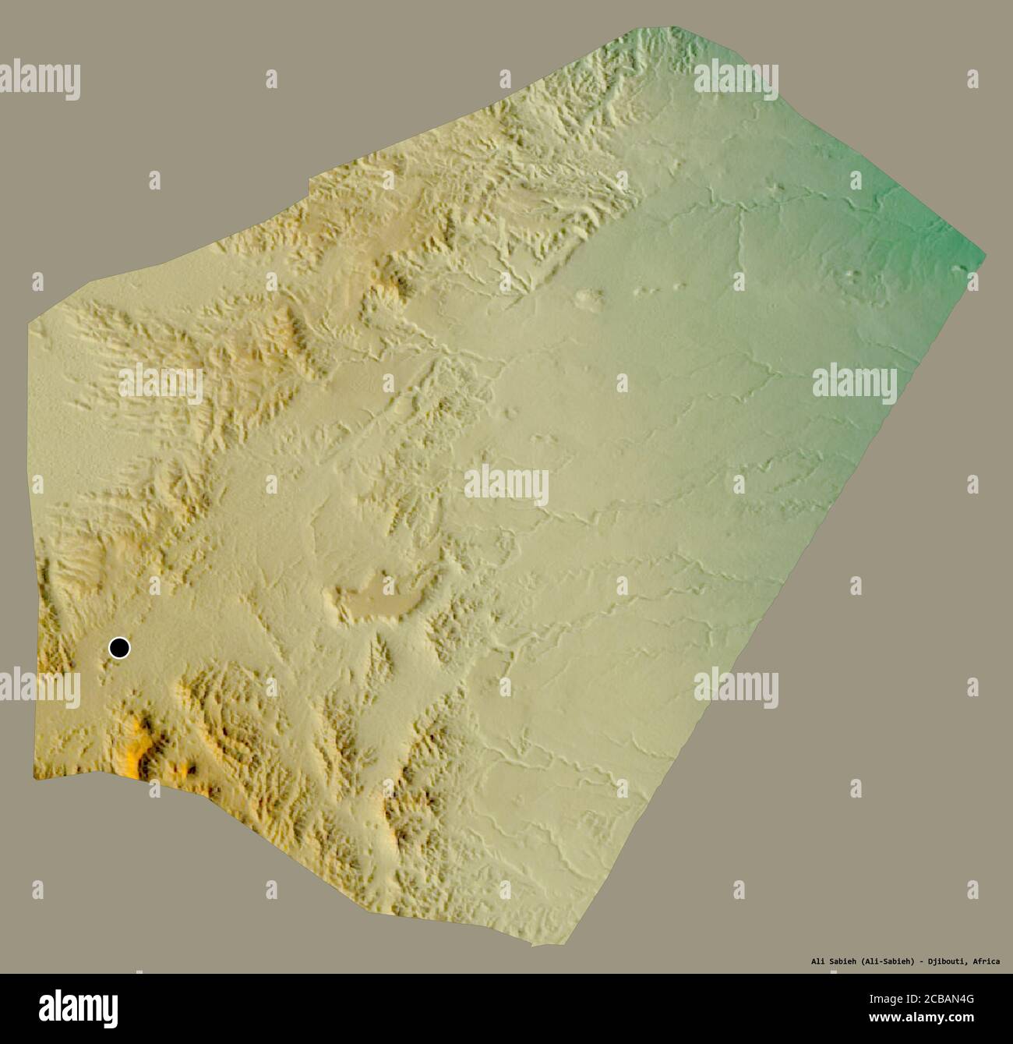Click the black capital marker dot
[x=119, y=647]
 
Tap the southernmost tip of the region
[x=533, y=946]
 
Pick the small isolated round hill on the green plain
[x=590, y=296]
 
